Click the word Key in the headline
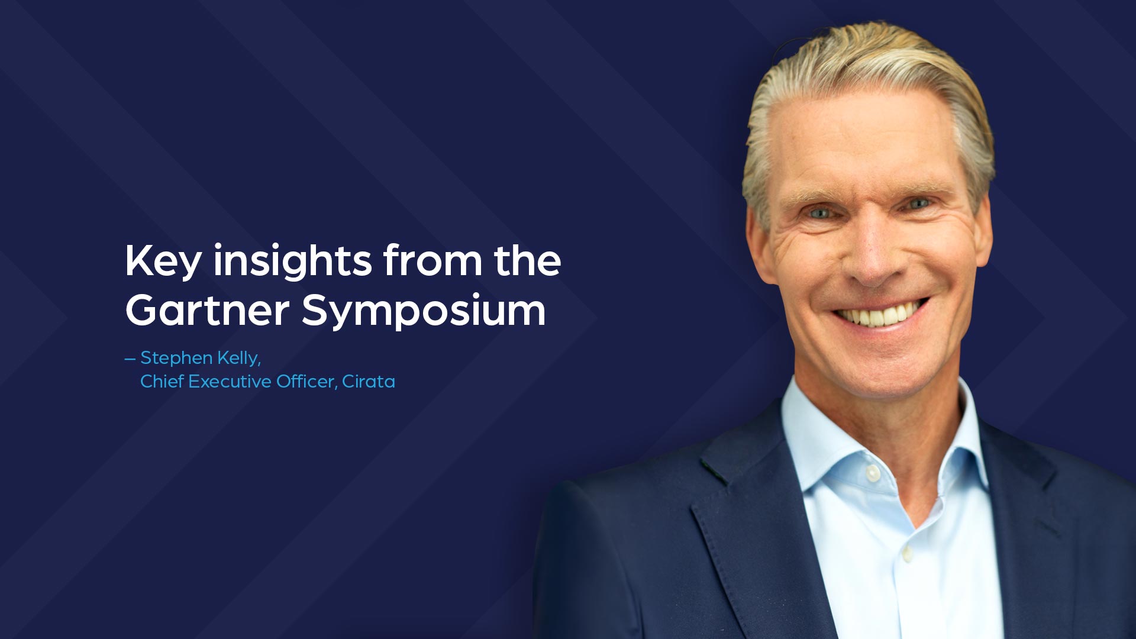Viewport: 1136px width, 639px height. click(163, 261)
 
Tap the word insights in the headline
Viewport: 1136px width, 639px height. click(293, 261)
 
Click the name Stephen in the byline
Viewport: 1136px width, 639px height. click(176, 359)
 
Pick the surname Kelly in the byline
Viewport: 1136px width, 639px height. click(239, 359)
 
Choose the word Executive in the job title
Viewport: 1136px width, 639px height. click(230, 382)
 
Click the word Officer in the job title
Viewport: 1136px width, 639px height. click(306, 382)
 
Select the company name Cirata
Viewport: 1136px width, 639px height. click(369, 382)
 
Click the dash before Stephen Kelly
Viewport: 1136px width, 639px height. click(130, 359)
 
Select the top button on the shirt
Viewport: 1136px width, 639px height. click(872, 473)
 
